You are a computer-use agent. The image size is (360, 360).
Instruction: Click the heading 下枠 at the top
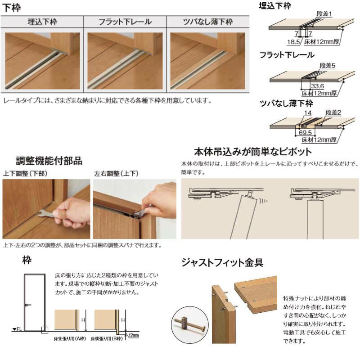click(12, 8)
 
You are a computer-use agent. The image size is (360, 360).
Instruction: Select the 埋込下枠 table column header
click(42, 22)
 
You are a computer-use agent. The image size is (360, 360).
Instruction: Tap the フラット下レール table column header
click(125, 22)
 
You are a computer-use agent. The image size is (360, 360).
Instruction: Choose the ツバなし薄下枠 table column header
click(207, 22)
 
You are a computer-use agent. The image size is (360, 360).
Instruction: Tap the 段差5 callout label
click(330, 65)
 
